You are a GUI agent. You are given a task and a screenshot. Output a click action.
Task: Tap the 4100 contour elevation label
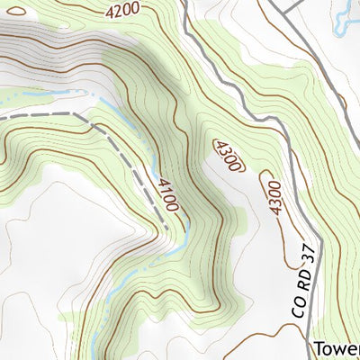167,196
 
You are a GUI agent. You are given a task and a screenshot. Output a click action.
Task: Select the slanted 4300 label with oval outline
228,156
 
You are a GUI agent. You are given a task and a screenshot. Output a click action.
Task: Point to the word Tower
337,348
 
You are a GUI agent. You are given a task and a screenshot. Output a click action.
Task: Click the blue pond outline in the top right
346,24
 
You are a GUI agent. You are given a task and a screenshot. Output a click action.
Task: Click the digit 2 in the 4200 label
117,11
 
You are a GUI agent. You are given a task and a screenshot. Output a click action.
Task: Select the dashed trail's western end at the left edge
2,117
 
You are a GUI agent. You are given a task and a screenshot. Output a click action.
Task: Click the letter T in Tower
320,348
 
